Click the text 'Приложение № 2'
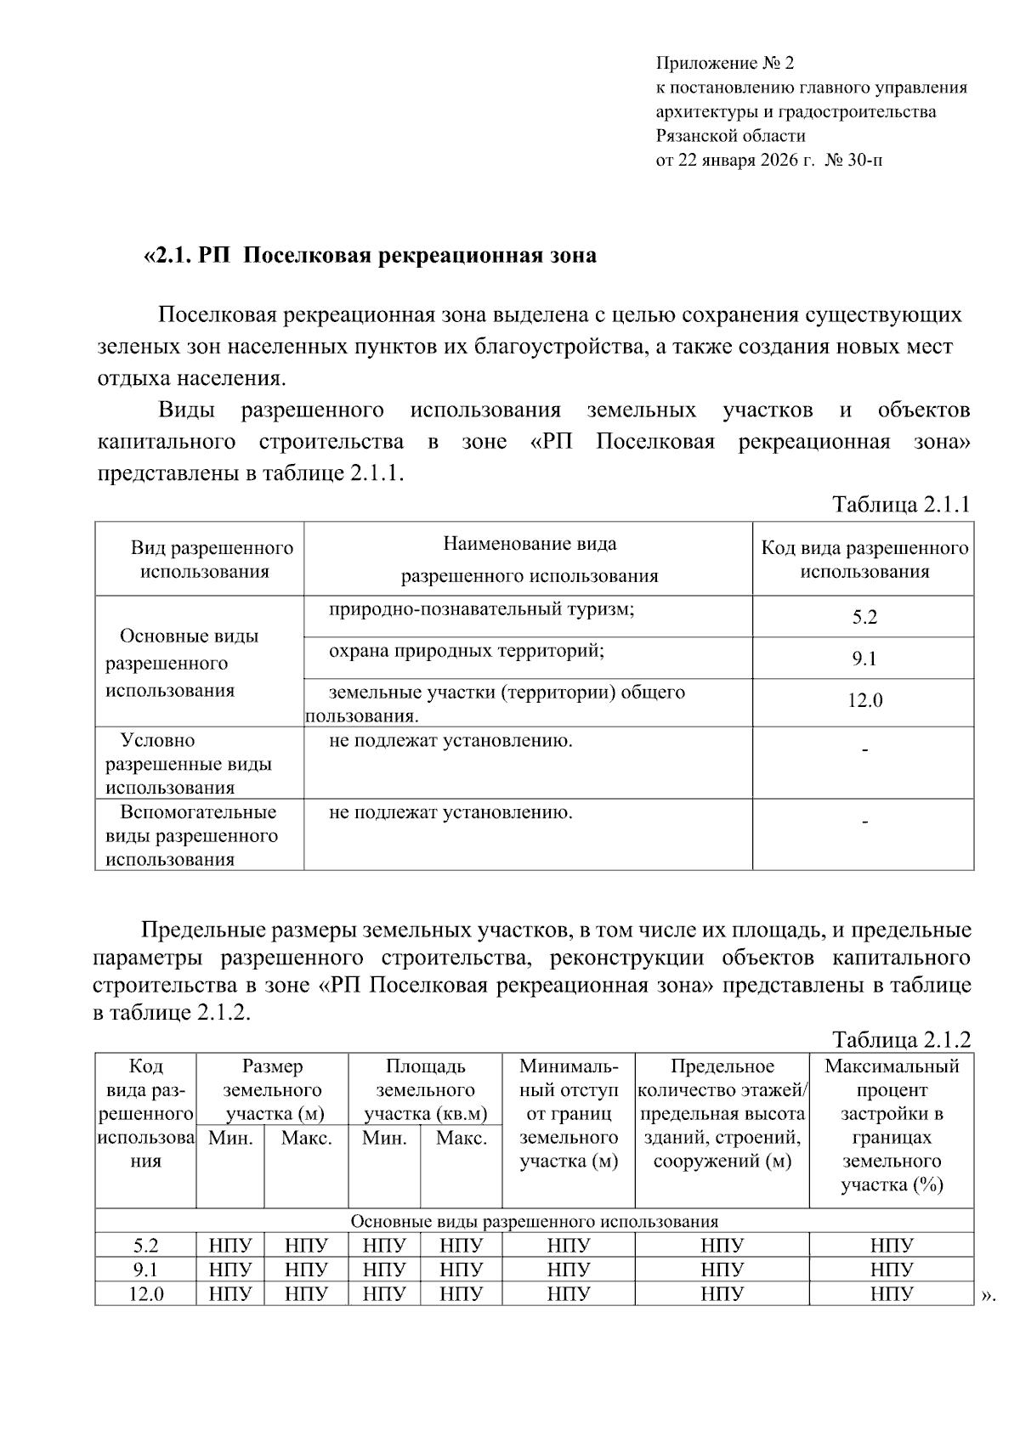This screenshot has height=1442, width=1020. coord(724,64)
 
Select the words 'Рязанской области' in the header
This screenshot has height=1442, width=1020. coord(730,136)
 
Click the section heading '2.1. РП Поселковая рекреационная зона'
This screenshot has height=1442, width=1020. coord(370,256)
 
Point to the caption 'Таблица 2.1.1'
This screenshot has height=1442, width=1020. coord(900,505)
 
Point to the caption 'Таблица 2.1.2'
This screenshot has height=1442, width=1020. coord(900,1040)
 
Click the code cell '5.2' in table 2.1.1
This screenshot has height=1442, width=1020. coord(864,618)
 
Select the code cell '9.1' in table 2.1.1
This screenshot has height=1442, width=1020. coord(864,659)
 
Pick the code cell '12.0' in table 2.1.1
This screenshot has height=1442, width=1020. coord(864,701)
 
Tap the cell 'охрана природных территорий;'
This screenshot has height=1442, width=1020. coord(467,652)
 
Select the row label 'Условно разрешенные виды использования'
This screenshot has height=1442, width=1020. coord(188,763)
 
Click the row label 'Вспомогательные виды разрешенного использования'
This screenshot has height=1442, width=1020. coord(192,835)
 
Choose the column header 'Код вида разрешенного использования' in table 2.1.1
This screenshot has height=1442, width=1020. coord(864,559)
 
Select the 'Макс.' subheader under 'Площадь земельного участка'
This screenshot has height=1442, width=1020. coord(461,1139)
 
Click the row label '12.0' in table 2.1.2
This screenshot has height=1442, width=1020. coord(146,1294)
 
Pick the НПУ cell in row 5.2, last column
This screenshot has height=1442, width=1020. coord(891,1247)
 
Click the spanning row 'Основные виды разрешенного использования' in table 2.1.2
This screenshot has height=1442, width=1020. coord(534,1222)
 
